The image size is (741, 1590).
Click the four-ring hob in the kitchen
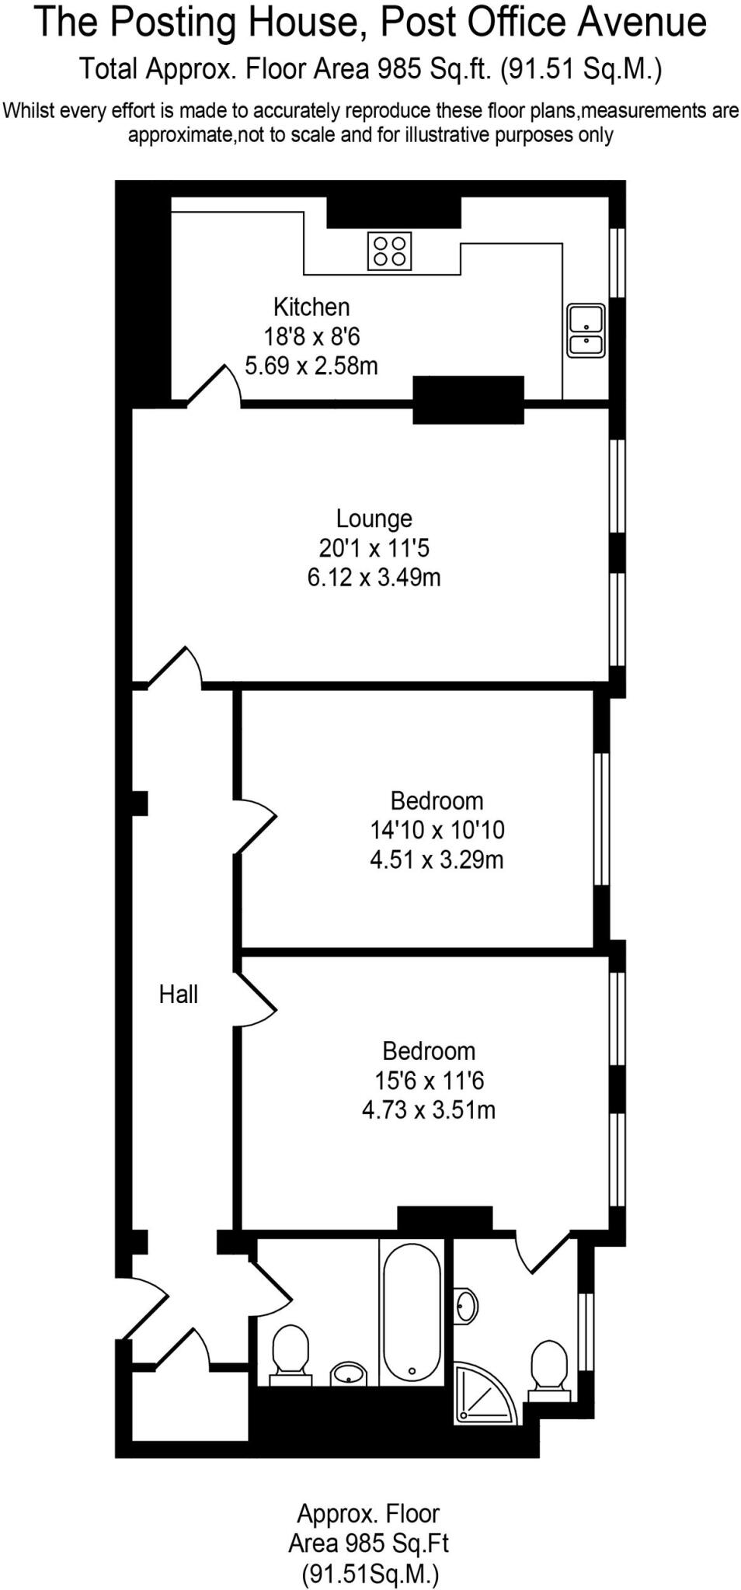click(x=389, y=251)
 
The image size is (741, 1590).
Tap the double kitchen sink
click(x=586, y=331)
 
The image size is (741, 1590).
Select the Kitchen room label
click(x=311, y=307)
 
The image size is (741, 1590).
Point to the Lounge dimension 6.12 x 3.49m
click(x=374, y=578)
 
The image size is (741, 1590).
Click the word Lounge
click(x=374, y=519)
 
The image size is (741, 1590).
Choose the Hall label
click(x=179, y=995)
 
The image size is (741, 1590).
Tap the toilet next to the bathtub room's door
click(x=290, y=1352)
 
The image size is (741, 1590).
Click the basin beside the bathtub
click(x=350, y=1374)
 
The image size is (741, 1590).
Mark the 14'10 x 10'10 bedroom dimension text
click(x=437, y=830)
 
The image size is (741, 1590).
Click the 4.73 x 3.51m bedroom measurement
click(x=428, y=1110)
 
